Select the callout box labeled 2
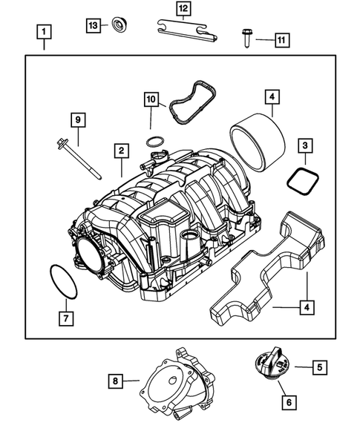tap(120, 151)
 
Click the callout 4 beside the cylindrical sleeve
tap(272, 96)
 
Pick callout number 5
tap(319, 366)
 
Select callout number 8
tap(116, 381)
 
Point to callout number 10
tap(151, 99)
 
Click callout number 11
tap(281, 39)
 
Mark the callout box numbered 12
tap(183, 9)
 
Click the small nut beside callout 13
tap(117, 26)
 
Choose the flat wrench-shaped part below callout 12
tap(188, 31)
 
